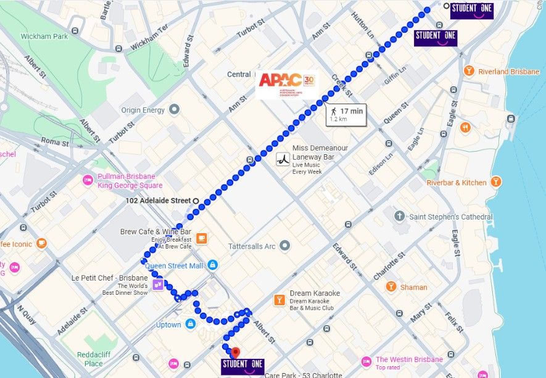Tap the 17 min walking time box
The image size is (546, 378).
346,114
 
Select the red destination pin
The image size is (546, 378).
234,353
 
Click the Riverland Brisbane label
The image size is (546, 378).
508,72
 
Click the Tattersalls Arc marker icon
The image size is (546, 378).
284,246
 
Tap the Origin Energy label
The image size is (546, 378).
143,110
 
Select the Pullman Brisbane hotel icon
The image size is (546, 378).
88,180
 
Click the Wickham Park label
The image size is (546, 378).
44,36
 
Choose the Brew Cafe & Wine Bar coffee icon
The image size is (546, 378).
201,238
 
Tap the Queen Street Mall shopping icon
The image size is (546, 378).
213,265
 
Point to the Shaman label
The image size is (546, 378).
413,287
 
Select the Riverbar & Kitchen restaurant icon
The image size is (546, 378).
496,183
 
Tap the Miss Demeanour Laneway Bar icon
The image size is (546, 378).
283,158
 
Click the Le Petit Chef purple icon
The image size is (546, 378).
159,284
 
